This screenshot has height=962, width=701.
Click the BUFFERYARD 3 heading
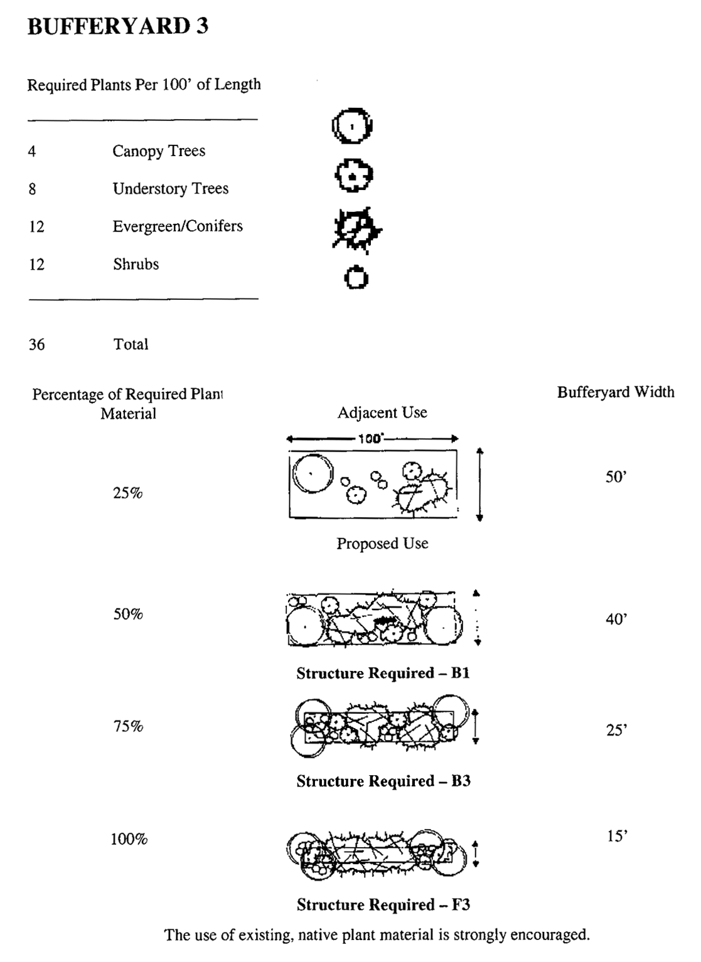pyautogui.click(x=118, y=26)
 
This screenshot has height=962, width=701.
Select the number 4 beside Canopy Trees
pyautogui.click(x=31, y=151)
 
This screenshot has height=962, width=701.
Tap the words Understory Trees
pyautogui.click(x=170, y=189)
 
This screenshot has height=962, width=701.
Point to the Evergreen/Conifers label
pyautogui.click(x=177, y=226)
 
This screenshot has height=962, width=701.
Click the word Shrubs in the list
pyautogui.click(x=136, y=264)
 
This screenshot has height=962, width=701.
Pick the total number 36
pyautogui.click(x=36, y=344)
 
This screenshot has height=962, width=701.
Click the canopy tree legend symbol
pyautogui.click(x=352, y=127)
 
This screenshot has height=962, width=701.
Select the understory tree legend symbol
pyautogui.click(x=353, y=176)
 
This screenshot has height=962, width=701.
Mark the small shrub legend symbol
pyautogui.click(x=356, y=277)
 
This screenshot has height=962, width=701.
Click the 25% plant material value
pyautogui.click(x=128, y=494)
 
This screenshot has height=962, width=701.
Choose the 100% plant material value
pyautogui.click(x=129, y=839)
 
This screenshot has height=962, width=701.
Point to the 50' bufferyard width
pyautogui.click(x=616, y=477)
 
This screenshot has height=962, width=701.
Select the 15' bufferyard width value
pyautogui.click(x=617, y=836)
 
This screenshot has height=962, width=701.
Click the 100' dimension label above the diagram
pyautogui.click(x=370, y=439)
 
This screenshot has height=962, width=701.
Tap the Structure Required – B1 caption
pyautogui.click(x=383, y=674)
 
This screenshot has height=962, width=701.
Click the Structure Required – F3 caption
pyautogui.click(x=383, y=905)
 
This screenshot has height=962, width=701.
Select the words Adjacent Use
pyautogui.click(x=382, y=413)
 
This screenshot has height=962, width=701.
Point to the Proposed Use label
pyautogui.click(x=382, y=544)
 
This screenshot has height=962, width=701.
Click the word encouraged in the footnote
pyautogui.click(x=549, y=935)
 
